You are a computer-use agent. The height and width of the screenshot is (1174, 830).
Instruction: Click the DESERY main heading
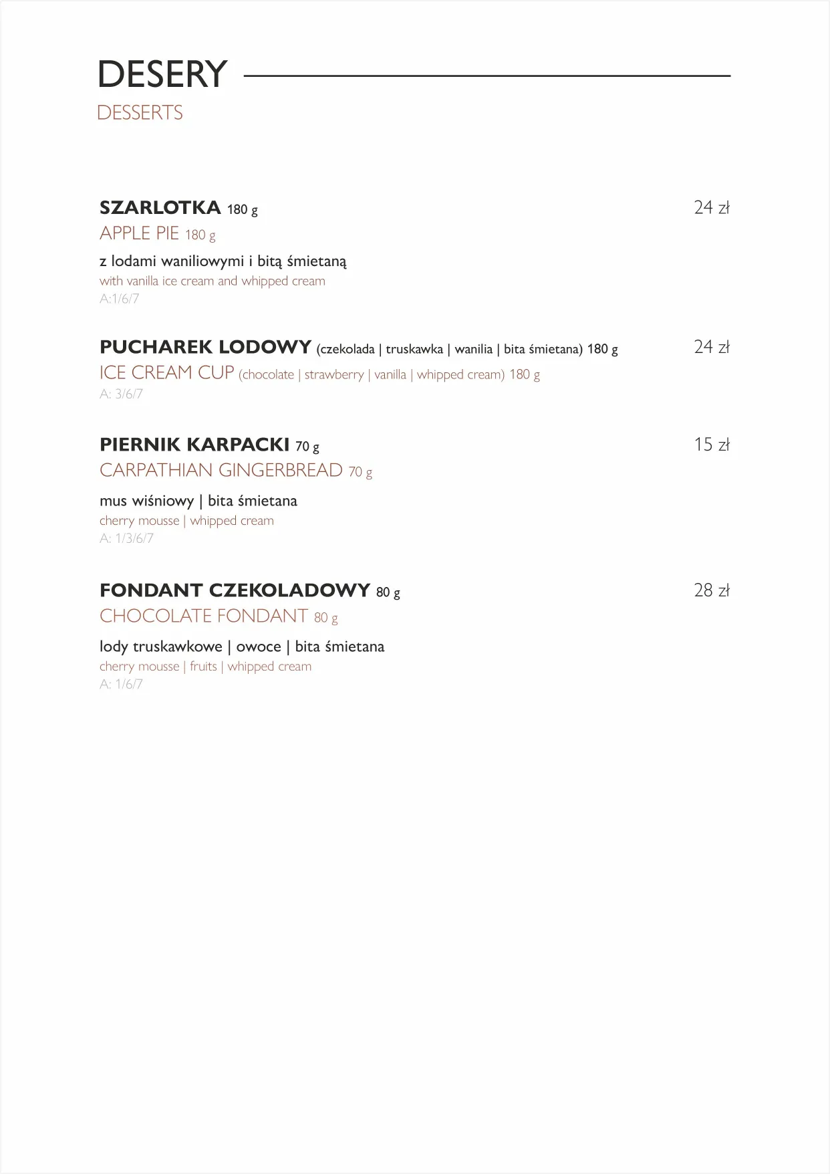pos(162,74)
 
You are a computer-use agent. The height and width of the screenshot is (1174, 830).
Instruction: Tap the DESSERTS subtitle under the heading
pos(140,113)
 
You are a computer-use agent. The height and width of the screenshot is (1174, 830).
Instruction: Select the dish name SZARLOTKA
pos(160,208)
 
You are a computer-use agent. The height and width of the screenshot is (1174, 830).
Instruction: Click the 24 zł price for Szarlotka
pos(711,208)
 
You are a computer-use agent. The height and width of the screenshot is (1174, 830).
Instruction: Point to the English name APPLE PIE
pos(139,233)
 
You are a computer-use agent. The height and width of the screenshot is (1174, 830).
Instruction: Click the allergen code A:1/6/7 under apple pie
pos(120,299)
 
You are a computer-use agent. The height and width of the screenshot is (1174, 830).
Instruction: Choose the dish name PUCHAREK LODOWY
pos(205,348)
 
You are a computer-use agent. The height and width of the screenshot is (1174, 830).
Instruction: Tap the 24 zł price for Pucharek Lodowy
pos(711,347)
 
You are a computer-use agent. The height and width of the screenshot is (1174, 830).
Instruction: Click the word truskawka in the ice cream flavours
pos(414,349)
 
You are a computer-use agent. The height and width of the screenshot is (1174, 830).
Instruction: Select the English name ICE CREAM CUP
pos(167,372)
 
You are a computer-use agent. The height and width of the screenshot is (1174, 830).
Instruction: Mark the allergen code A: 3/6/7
pos(121,394)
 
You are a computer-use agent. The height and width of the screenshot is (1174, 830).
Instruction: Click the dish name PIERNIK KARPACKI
pos(194,445)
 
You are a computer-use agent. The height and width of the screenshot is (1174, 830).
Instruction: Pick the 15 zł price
pos(711,445)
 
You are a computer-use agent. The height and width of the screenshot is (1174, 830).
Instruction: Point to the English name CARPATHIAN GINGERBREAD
pos(221,470)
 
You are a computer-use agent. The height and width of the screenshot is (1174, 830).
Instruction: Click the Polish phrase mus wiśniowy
pos(146,501)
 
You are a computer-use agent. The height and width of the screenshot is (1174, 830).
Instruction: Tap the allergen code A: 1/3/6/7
pos(126,538)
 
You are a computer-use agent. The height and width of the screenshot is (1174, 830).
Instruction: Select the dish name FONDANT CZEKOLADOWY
pos(235,590)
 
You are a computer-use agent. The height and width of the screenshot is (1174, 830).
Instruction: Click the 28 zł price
pos(711,590)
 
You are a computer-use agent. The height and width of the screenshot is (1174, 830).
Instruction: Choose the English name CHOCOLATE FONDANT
pos(204,616)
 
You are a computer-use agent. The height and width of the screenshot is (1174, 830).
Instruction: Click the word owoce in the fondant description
pos(259,647)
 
